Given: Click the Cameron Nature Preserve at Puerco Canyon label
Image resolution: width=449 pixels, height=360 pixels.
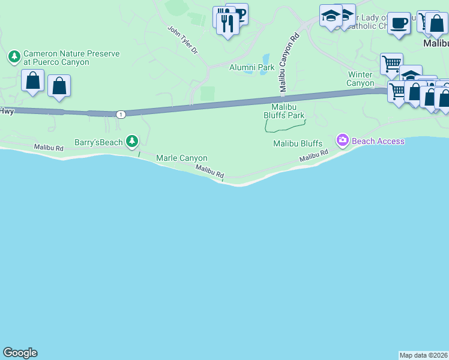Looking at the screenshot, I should tap(71, 58).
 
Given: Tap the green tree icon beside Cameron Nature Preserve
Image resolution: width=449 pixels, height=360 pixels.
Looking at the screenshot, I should tap(14, 57).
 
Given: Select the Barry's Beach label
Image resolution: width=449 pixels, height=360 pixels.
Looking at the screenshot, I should tap(98, 142).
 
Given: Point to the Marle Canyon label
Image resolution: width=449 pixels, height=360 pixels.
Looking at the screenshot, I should tap(181, 158).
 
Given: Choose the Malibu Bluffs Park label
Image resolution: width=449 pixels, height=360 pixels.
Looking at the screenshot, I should tap(284, 111).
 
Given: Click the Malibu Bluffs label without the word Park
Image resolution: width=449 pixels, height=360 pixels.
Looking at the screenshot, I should tap(298, 143).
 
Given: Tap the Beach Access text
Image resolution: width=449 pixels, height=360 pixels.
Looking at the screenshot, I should tap(378, 141).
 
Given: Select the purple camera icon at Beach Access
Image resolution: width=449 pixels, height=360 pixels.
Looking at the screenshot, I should tap(343, 141).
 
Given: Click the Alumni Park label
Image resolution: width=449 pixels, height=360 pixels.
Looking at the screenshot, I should tap(252, 67).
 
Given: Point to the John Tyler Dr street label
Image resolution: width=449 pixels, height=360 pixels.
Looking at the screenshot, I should tap(182, 40).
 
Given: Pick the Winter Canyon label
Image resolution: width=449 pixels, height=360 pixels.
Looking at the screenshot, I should tap(361, 79).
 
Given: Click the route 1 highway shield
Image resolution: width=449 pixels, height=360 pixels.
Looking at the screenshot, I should tap(121, 114).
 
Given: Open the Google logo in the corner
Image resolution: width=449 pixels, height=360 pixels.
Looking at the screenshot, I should tap(20, 353).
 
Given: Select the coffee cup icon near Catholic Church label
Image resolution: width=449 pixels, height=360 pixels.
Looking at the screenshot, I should tap(399, 24).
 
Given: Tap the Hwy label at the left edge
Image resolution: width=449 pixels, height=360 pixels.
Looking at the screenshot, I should tap(7, 110).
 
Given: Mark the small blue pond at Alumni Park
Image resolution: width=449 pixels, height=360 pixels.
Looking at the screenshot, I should tap(265, 60).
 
